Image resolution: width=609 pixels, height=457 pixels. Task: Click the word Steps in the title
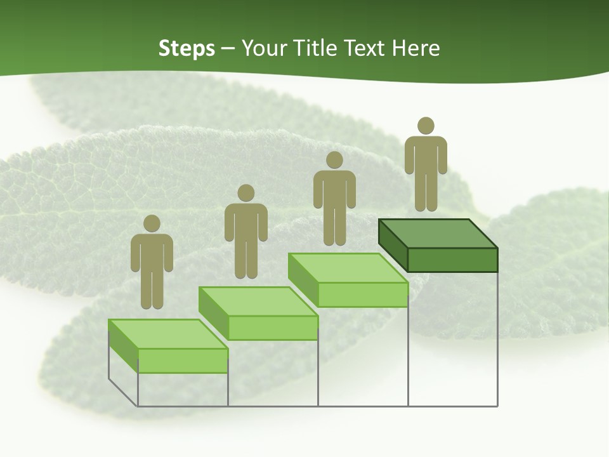[x=187, y=49]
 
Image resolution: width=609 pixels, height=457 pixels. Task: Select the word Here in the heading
[x=416, y=48]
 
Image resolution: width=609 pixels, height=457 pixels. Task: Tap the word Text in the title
[x=365, y=48]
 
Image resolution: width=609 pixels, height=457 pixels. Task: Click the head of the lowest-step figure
[x=152, y=223]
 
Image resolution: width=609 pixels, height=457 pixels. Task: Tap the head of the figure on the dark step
[x=426, y=126]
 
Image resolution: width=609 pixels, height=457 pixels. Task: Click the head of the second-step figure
[x=246, y=193]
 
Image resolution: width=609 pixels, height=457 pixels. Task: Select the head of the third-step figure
[x=334, y=160]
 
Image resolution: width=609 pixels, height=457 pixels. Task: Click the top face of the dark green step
[x=438, y=233]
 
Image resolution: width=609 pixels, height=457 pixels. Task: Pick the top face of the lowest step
[x=168, y=334]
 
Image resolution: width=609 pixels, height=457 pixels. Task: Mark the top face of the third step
[x=348, y=268]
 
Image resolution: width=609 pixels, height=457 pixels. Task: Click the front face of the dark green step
[x=452, y=260]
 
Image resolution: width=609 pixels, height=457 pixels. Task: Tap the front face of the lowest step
[x=183, y=361]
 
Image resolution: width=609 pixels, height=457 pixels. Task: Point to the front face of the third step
[x=362, y=295]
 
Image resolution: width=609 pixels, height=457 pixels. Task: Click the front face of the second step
[x=273, y=328]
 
